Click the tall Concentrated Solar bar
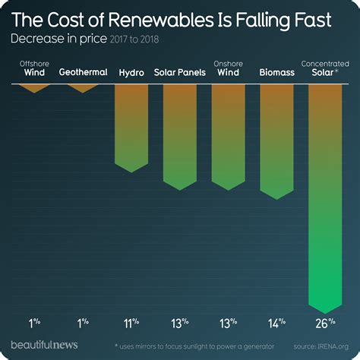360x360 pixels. tap(326, 197)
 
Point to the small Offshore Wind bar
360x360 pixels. tap(34, 88)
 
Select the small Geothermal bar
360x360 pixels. tap(83, 88)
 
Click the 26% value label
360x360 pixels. tap(326, 323)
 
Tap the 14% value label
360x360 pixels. tap(277, 323)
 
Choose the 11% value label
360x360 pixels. tap(131, 323)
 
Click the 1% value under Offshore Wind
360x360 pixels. tap(34, 323)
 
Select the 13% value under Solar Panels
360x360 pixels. tap(180, 323)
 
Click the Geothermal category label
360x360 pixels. tap(83, 74)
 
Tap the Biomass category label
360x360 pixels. tap(277, 74)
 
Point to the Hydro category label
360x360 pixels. tap(131, 74)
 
